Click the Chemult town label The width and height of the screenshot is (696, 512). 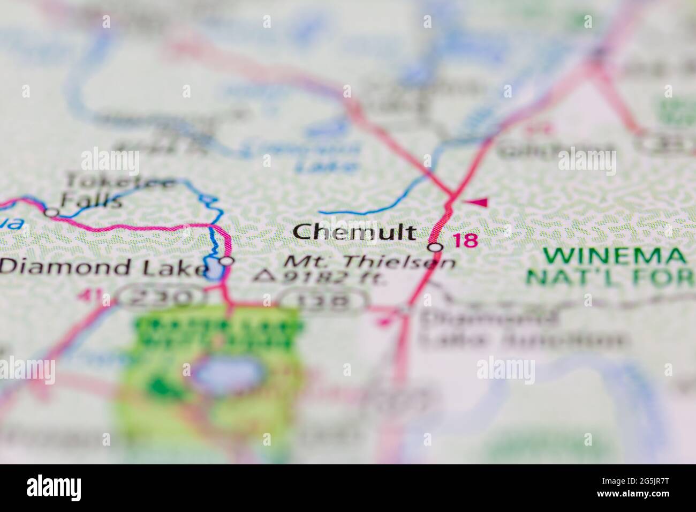click(x=354, y=232)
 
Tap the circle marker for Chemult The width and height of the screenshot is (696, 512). click(x=436, y=247)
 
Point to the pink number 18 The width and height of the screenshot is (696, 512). click(x=465, y=240)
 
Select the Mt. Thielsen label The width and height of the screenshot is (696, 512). click(x=369, y=262)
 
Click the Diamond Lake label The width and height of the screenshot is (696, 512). click(x=102, y=267)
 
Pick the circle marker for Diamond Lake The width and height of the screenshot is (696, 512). click(x=228, y=261)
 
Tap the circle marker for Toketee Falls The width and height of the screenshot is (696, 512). click(x=51, y=212)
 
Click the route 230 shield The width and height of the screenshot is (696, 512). click(x=161, y=298)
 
